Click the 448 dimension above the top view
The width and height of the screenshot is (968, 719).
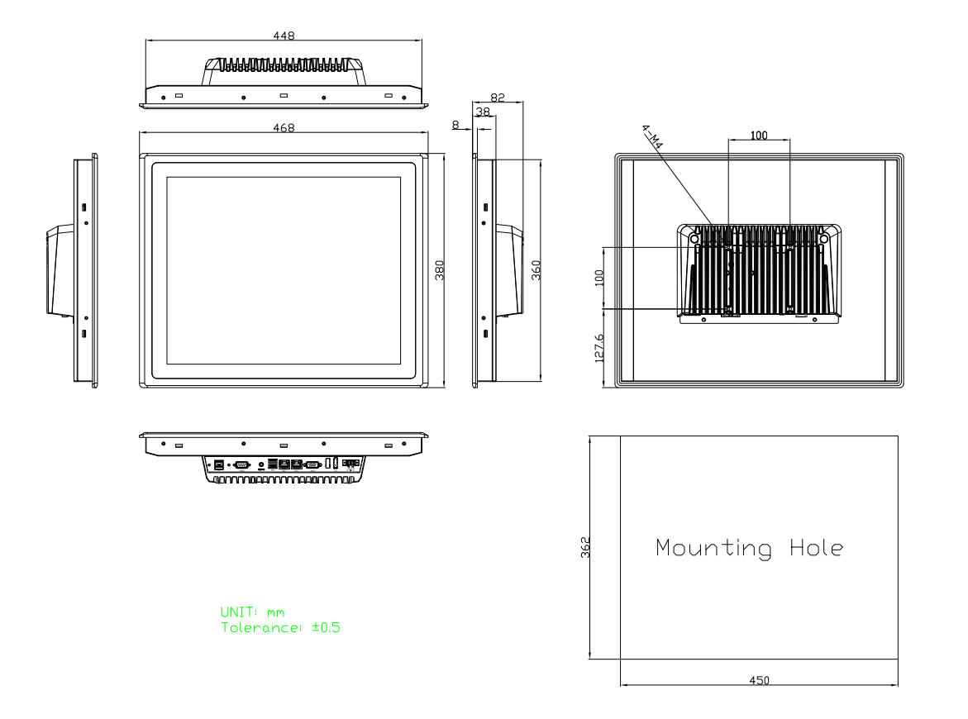pyautogui.click(x=284, y=36)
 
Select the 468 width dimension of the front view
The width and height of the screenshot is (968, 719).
pyautogui.click(x=284, y=127)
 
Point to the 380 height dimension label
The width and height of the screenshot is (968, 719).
pyautogui.click(x=440, y=269)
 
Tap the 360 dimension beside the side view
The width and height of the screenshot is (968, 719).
pyautogui.click(x=535, y=269)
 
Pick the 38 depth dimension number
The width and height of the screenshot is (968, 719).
pyautogui.click(x=482, y=110)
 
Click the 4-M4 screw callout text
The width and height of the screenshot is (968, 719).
pyautogui.click(x=653, y=137)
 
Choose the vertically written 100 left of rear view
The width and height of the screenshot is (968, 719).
pyautogui.click(x=599, y=278)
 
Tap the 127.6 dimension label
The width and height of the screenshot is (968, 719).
pyautogui.click(x=599, y=347)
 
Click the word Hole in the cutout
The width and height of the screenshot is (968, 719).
pyautogui.click(x=814, y=548)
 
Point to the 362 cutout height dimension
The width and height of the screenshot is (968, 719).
pyautogui.click(x=584, y=548)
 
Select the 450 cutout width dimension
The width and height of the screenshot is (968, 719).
pyautogui.click(x=758, y=679)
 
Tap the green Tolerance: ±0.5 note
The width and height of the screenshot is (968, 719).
pyautogui.click(x=281, y=627)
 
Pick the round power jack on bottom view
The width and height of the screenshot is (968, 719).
pyautogui.click(x=262, y=464)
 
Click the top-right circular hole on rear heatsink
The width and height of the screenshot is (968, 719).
pyautogui.click(x=823, y=238)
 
